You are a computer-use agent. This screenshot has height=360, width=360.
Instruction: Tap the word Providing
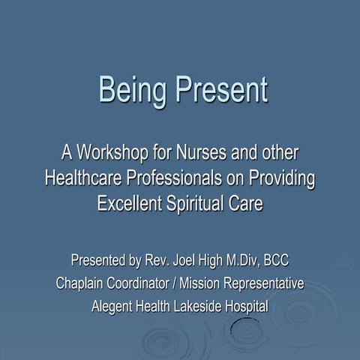point(282,179)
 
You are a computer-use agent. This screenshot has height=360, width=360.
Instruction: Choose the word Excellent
point(133,203)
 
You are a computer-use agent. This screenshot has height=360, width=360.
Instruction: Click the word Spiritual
point(202,203)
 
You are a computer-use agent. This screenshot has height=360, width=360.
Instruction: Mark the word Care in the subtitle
point(248,203)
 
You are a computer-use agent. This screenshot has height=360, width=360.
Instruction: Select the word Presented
point(101,262)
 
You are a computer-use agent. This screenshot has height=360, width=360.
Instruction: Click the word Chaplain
point(83,284)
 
